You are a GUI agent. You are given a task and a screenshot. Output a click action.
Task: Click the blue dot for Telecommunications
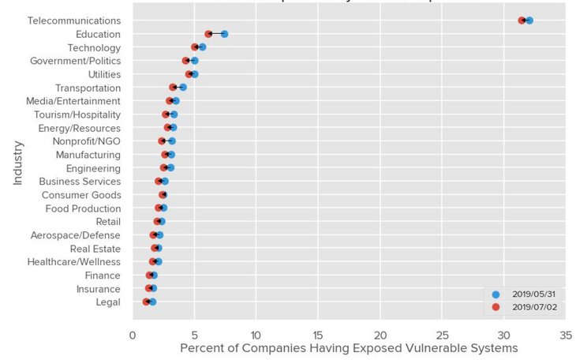529,21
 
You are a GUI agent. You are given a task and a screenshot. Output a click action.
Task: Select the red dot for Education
208,34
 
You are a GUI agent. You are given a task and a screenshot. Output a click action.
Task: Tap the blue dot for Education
225,34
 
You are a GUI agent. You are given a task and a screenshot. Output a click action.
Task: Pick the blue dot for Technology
203,47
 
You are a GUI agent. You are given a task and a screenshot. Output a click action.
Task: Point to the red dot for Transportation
173,88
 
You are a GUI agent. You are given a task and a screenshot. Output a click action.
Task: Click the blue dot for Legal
152,302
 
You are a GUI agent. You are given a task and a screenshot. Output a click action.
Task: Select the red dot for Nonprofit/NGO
162,141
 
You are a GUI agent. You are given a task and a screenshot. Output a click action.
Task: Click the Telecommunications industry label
74,21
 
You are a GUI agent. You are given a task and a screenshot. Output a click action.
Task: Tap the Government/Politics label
76,61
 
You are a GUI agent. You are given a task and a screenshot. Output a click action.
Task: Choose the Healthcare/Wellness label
74,262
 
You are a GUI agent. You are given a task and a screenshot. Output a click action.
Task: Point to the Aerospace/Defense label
76,235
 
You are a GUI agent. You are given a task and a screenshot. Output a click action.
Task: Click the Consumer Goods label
81,195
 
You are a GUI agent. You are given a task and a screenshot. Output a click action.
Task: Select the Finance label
103,276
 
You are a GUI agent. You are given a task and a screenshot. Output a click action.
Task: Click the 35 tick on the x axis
565,335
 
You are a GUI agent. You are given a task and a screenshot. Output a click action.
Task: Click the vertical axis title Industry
18,163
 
